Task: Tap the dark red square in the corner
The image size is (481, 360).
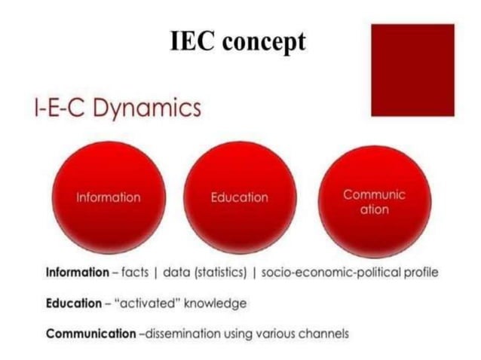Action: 413,69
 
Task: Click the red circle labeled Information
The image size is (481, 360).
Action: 109,197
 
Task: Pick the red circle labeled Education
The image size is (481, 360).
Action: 239,197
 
